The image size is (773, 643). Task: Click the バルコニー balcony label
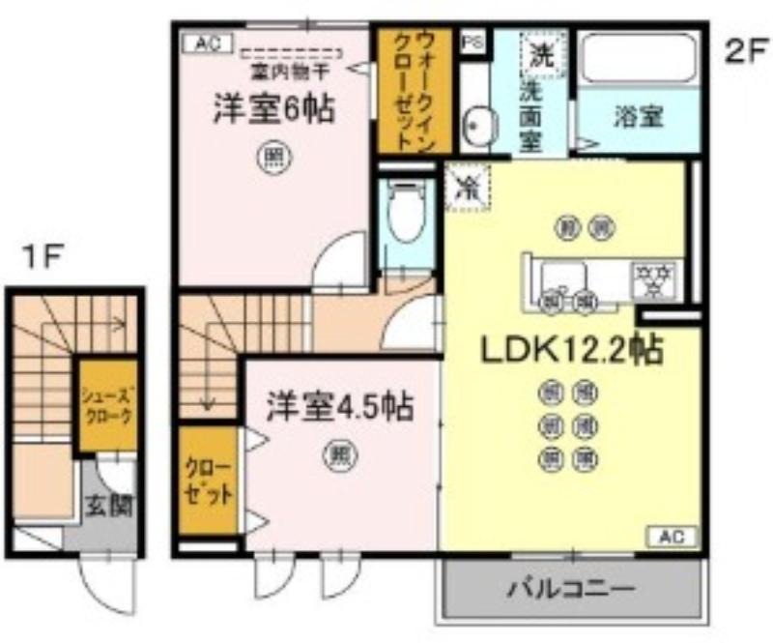pos(571,588)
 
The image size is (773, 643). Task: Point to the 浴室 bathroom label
pos(638,117)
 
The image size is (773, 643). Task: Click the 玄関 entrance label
pos(112,505)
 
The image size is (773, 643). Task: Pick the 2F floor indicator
pos(745,50)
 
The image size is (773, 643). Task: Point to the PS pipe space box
pos(472,42)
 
